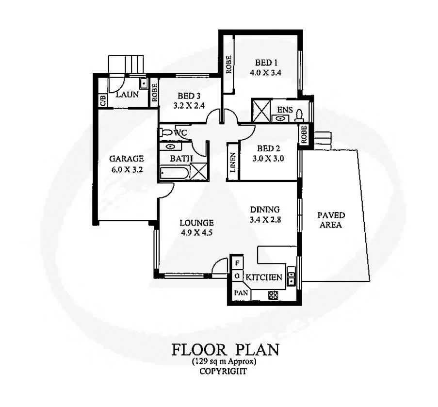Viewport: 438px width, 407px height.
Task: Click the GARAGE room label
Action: click(x=126, y=158)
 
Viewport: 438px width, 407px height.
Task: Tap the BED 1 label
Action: click(x=266, y=63)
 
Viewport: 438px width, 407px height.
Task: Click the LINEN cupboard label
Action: click(x=233, y=163)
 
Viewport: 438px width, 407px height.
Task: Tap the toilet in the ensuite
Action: click(x=299, y=114)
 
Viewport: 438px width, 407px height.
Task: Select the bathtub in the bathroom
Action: click(x=174, y=172)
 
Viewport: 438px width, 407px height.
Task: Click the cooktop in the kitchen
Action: click(x=273, y=294)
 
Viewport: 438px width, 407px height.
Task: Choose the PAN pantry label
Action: click(x=241, y=293)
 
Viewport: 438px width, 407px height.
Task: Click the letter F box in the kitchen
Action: click(x=237, y=263)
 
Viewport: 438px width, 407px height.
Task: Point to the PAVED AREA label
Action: click(x=331, y=220)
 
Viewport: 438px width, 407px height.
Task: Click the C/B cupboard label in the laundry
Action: click(x=103, y=100)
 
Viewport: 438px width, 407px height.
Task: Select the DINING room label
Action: click(x=265, y=210)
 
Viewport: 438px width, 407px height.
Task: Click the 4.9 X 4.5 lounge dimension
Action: click(x=196, y=232)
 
